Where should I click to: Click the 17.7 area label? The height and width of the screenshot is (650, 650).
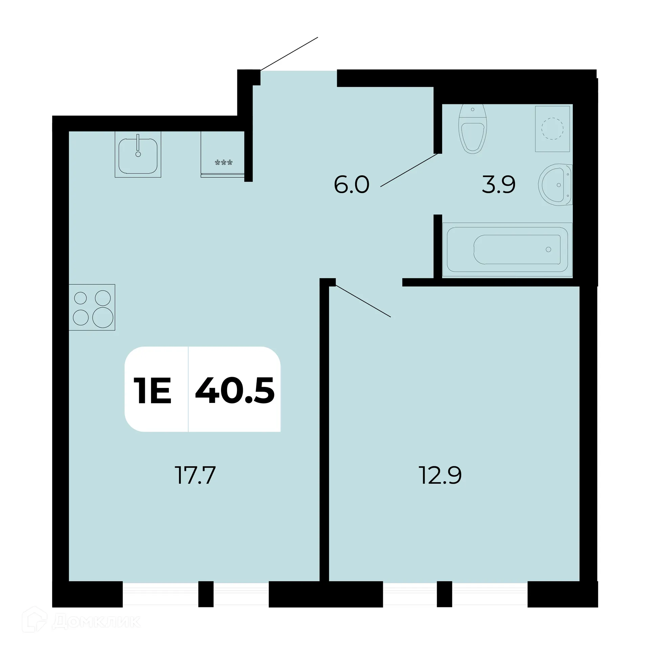coord(195,475)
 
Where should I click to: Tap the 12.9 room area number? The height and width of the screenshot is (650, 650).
coord(440,475)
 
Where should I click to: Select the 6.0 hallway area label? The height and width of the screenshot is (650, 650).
coord(351,185)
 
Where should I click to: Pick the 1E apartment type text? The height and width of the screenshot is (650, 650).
coord(153,391)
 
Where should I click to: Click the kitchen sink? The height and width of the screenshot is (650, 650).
coord(138,155)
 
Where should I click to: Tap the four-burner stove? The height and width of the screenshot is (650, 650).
coord(92,307)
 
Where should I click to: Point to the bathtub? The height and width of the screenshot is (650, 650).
coord(507,250)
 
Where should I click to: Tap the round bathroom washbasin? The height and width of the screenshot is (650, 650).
coord(555,185)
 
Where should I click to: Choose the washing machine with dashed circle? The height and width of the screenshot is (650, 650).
coord(552,129)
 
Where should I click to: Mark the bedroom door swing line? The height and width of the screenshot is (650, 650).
coord(363,301)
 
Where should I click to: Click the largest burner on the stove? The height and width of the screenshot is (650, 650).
coord(103,318)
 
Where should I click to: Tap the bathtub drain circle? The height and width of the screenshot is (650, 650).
coord(548,250)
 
